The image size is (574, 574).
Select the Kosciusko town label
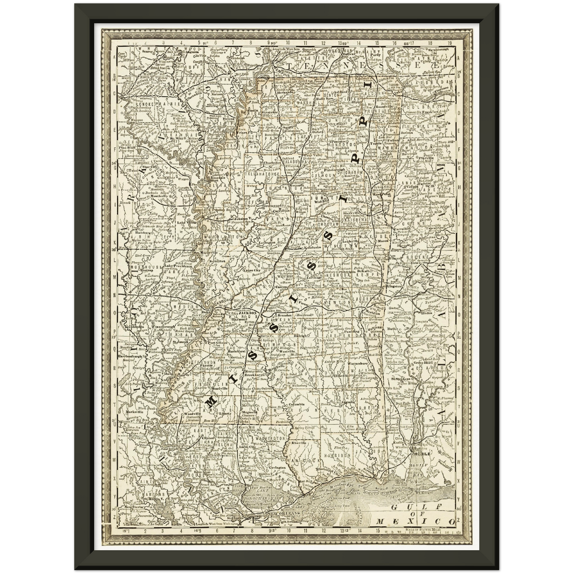click(314, 247)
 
